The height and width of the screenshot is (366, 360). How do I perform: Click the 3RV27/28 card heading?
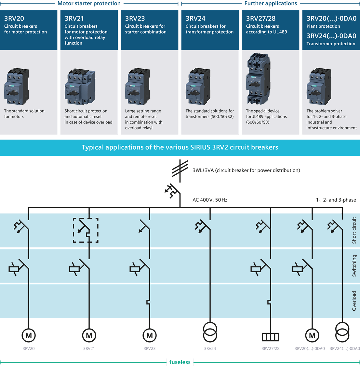(260, 18)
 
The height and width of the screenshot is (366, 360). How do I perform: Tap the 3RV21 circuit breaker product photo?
(80, 86)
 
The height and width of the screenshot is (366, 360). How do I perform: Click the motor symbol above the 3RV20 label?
(29, 335)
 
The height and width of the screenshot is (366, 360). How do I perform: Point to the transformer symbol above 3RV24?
(210, 332)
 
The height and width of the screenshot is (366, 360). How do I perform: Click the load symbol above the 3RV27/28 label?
(271, 337)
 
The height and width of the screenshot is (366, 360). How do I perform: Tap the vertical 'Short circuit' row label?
(354, 230)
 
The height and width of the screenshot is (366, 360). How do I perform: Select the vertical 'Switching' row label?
(354, 265)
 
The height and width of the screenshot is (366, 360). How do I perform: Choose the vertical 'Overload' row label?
(354, 301)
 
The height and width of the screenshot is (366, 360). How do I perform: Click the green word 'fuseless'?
(180, 362)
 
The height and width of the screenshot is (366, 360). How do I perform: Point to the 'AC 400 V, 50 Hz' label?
(210, 200)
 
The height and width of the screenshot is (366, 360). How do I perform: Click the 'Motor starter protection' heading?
(89, 3)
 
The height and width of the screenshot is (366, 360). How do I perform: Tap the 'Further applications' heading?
(271, 3)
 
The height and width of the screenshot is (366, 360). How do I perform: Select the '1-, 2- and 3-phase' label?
(336, 200)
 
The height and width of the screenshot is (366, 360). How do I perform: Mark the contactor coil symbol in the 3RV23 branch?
(135, 269)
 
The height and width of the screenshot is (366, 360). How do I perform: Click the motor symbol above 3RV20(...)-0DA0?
(312, 335)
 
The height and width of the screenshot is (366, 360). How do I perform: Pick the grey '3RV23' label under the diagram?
(149, 348)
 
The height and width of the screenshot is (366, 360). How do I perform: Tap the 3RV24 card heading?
(195, 18)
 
